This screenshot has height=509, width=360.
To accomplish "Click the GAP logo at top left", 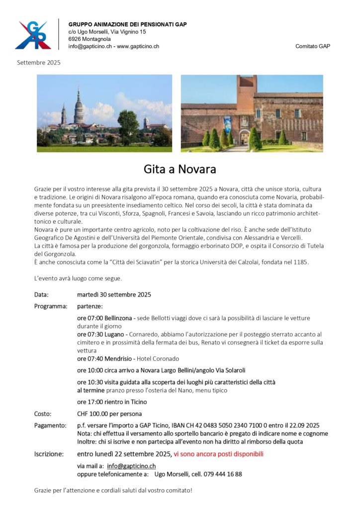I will [x=33, y=35].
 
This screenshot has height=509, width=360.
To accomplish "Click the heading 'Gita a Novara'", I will [x=180, y=169].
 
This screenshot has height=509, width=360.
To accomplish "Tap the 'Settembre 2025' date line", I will [x=39, y=63].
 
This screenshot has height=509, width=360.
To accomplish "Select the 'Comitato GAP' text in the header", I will [x=312, y=46].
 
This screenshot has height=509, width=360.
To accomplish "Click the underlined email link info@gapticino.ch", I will [x=131, y=466].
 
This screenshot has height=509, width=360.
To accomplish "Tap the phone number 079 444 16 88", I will [x=223, y=474].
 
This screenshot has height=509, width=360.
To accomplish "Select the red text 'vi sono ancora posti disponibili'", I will [x=219, y=454].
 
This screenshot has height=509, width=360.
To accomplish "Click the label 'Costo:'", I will [x=43, y=414].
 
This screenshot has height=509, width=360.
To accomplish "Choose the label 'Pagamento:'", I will [x=50, y=425].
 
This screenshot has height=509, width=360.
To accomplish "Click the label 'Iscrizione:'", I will [x=49, y=454].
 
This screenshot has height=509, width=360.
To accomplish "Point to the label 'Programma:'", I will [x=51, y=306].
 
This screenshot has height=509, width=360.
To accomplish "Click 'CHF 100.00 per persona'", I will [x=109, y=414].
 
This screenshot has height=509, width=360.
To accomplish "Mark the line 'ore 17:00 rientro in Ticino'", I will [x=112, y=402].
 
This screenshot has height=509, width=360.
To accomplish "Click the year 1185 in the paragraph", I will [x=300, y=262].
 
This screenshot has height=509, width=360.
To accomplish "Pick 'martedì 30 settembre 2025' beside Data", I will [x=114, y=294].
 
